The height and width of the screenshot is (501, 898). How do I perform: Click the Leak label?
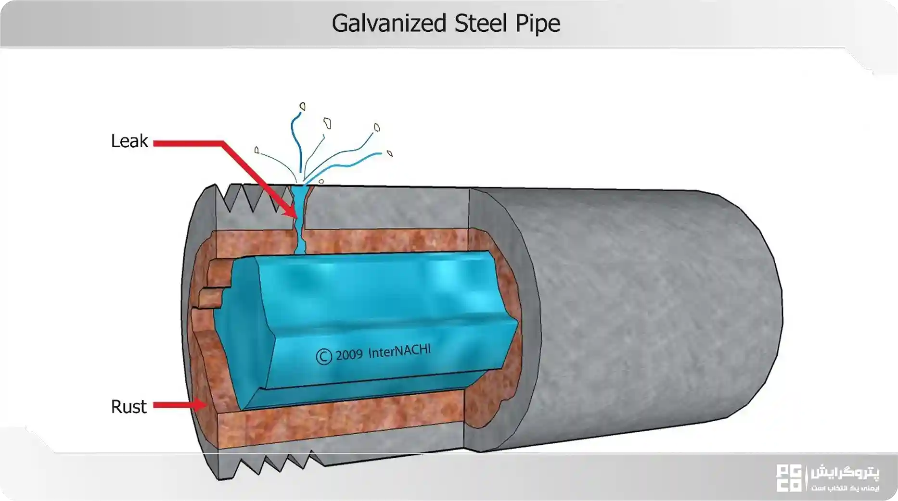point(129,141)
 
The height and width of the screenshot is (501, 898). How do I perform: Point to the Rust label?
point(128,407)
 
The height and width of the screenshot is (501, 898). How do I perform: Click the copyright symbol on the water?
point(324,356)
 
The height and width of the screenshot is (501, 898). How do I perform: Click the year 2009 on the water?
point(349,355)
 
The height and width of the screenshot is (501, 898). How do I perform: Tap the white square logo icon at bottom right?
point(789,478)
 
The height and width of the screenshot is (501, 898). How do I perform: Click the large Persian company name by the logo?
point(845,473)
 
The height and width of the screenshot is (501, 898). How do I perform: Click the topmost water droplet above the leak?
point(303,106)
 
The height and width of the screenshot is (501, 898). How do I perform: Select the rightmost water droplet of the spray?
point(390,153)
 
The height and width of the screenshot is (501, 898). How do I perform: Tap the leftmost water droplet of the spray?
point(257,150)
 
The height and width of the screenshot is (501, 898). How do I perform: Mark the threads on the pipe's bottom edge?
point(274,463)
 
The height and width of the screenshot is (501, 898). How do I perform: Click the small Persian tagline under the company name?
point(845,488)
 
